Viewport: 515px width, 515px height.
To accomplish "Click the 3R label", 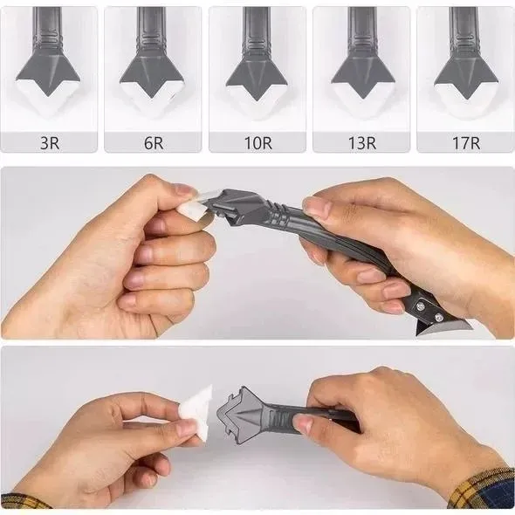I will coord(49,141).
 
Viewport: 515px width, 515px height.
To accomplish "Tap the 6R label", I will coord(154,141).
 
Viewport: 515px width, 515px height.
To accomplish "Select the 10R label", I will coord(257,141).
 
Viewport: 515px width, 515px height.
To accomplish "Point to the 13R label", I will coord(361,141).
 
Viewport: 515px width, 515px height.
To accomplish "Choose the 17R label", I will coord(465,141).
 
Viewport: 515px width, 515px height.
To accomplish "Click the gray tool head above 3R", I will coord(49,65).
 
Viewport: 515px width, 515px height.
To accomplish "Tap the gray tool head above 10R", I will coord(257,70).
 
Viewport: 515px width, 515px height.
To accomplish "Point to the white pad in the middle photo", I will coord(193,206).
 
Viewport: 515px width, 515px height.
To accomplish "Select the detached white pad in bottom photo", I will coord(196,410).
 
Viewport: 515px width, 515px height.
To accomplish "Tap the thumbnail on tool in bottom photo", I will coord(304,423).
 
